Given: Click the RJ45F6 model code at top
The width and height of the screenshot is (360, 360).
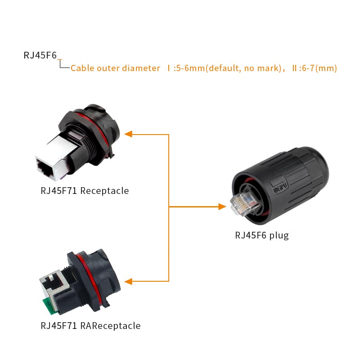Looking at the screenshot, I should pyautogui.click(x=40, y=56).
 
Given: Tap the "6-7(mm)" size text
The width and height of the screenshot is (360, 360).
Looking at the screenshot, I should pyautogui.click(x=317, y=68).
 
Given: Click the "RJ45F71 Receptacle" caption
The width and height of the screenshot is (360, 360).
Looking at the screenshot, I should pyautogui.click(x=85, y=191).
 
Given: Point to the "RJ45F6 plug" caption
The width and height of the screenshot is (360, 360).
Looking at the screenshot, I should pyautogui.click(x=262, y=235).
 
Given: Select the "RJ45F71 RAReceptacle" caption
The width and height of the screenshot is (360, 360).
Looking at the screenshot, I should pyautogui.click(x=90, y=325).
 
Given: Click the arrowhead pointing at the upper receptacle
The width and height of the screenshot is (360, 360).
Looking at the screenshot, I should pyautogui.click(x=128, y=134).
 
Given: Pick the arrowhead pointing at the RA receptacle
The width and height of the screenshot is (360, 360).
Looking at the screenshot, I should pyautogui.click(x=128, y=281).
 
